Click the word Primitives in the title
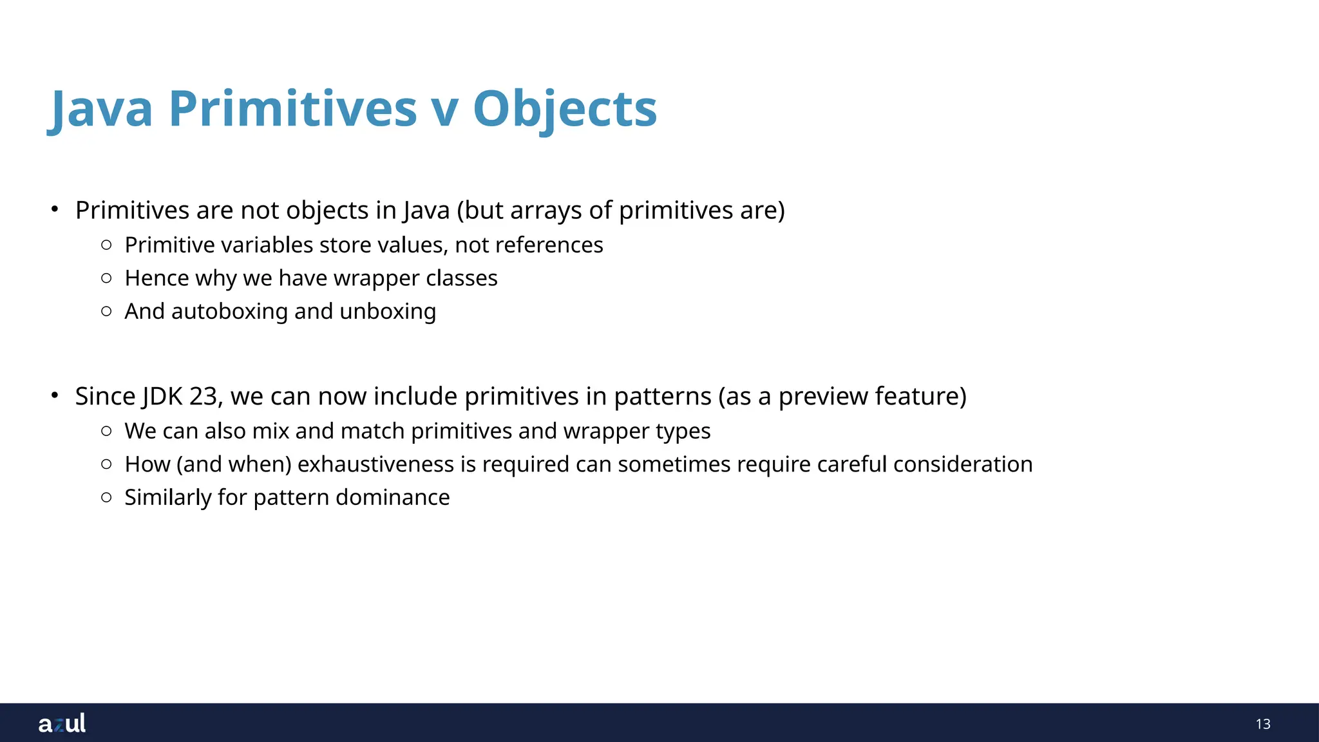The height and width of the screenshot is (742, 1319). [293, 108]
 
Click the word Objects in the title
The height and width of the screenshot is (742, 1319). [565, 108]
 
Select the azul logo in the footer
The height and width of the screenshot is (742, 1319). [62, 723]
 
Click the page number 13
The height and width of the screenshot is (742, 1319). [1262, 724]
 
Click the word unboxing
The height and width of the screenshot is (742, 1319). [388, 312]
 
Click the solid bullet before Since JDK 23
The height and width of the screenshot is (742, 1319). [55, 394]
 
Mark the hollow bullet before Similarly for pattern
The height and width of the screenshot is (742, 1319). [107, 497]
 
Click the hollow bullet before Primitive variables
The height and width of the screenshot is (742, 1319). [107, 245]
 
